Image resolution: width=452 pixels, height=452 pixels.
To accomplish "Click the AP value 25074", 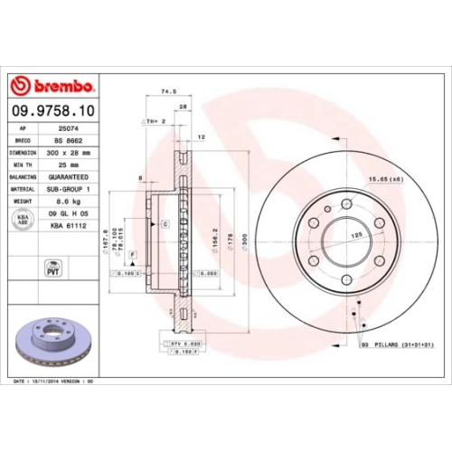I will (64, 129).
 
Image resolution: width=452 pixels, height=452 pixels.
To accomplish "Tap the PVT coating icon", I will (52, 268).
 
